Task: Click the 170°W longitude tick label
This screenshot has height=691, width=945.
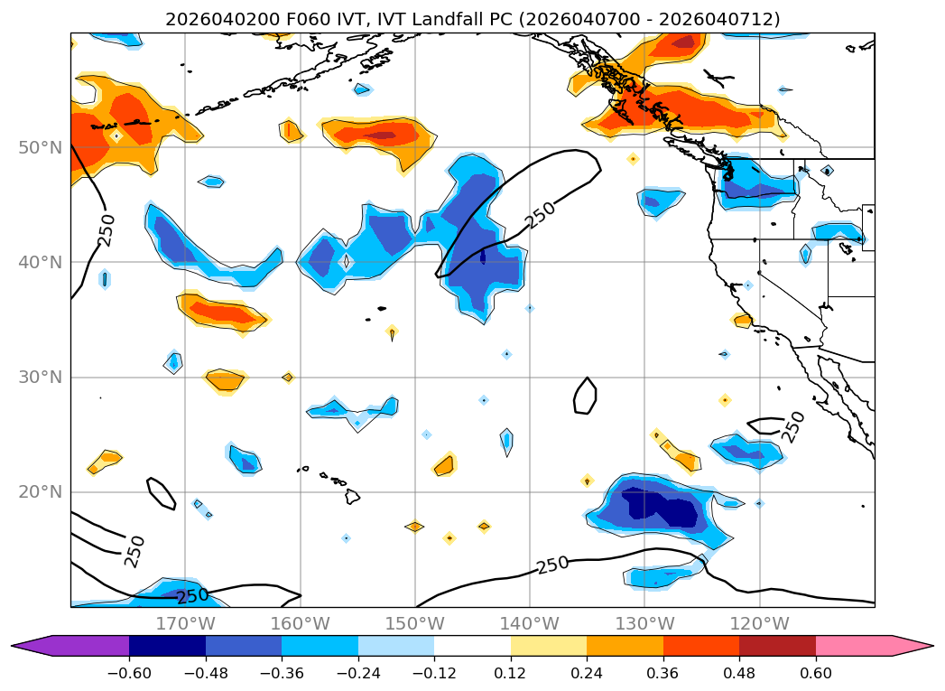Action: tap(186, 623)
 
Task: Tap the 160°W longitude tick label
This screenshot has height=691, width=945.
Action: tap(301, 623)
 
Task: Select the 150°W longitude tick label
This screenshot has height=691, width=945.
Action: tap(415, 623)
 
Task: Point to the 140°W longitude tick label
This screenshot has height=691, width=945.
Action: tap(530, 623)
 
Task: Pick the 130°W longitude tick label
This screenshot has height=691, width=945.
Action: tap(644, 623)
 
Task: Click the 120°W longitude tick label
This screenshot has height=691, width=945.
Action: tap(759, 623)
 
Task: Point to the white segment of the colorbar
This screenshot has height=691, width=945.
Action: tap(472, 646)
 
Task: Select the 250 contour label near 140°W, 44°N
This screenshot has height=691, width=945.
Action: tap(541, 214)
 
